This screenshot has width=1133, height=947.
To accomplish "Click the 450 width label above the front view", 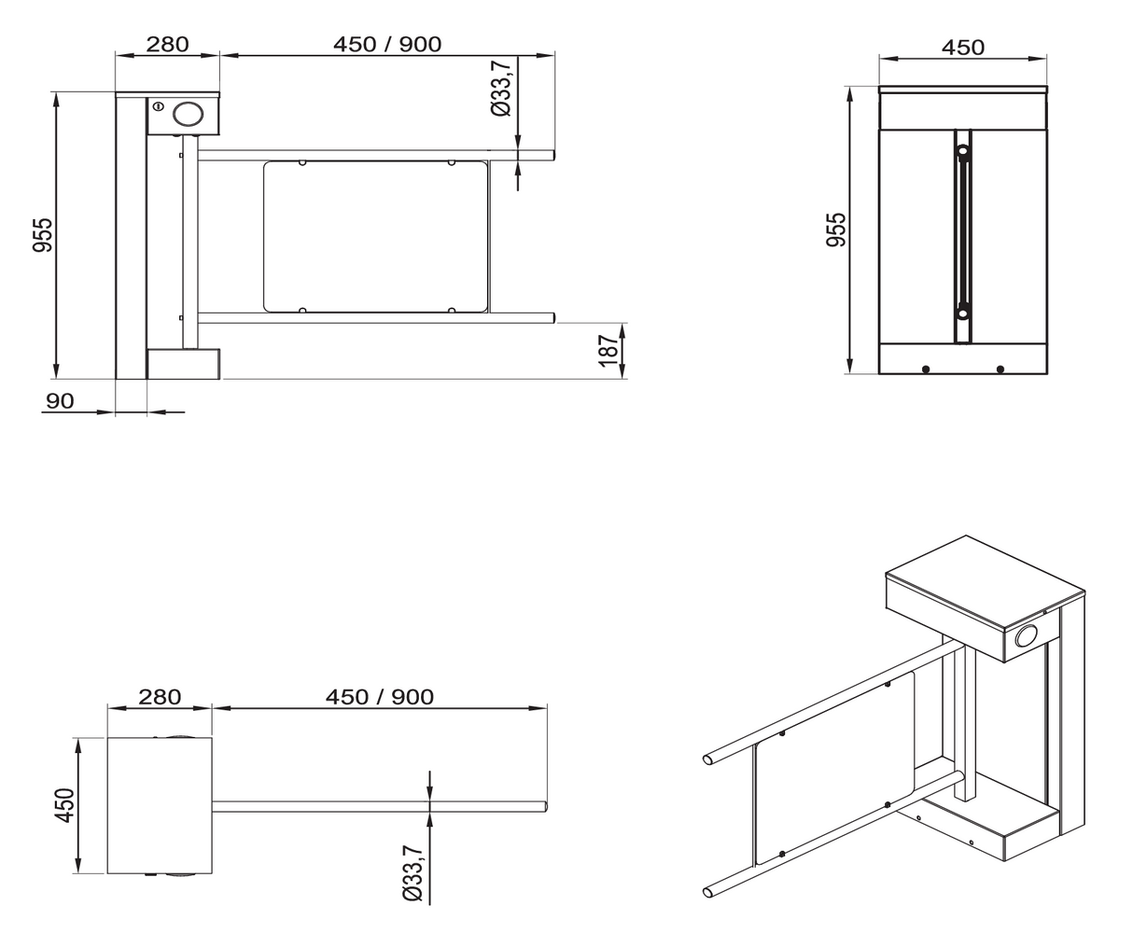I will click(962, 47).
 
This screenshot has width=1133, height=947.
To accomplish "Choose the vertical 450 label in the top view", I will click(64, 806).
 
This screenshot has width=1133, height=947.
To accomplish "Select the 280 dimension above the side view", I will click(167, 44).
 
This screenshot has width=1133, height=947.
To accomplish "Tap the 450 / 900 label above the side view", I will click(386, 44).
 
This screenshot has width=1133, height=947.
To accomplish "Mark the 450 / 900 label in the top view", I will click(379, 697).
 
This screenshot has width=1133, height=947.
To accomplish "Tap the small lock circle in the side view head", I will click(159, 106).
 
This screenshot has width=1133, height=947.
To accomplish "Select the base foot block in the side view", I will click(183, 364).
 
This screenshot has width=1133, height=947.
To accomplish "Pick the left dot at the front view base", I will click(925, 369).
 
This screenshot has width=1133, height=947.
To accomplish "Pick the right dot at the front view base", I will click(1000, 369).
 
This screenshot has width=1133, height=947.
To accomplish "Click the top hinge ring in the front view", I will click(962, 148).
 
